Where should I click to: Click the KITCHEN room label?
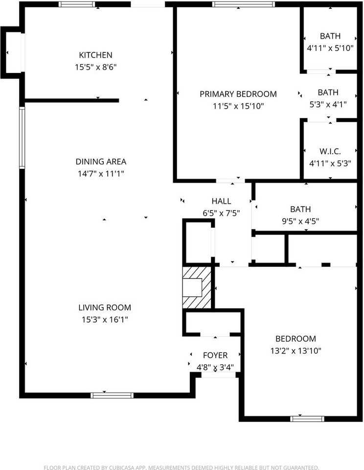[x=96, y=55]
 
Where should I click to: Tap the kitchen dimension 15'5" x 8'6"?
[x=96, y=67]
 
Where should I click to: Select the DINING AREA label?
[x=101, y=162]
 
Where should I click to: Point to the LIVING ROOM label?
[x=105, y=307]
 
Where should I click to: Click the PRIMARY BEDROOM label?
[x=238, y=94]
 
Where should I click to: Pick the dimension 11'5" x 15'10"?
[x=238, y=106]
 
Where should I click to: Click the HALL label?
[x=221, y=201]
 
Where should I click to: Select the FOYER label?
[x=215, y=355]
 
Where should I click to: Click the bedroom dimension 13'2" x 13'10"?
[x=295, y=351]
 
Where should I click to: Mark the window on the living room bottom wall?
[x=112, y=395]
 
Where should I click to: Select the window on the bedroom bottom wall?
[x=307, y=419]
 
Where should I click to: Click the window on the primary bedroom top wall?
[x=243, y=4]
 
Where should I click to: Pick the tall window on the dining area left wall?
[x=22, y=138]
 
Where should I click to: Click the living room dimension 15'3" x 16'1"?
[x=105, y=319]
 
